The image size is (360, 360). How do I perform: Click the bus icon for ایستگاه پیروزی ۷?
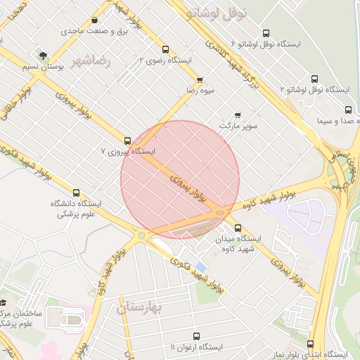click(127, 140)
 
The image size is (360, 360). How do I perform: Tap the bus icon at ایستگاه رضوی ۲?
click(165, 49)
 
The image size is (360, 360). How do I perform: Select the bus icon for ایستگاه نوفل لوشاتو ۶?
click(265, 33)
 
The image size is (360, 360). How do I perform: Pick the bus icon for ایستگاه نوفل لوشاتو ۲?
click(314, 79)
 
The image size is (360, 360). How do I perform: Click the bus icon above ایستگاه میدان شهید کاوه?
click(238, 228)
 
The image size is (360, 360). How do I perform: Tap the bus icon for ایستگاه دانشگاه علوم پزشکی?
click(76, 193)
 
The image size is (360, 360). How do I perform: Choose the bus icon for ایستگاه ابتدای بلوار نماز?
click(310, 344)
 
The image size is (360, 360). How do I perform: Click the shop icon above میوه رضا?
click(200, 79)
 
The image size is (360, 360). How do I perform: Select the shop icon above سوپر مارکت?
click(238, 115)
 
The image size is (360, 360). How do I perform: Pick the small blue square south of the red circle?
click(202, 267)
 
